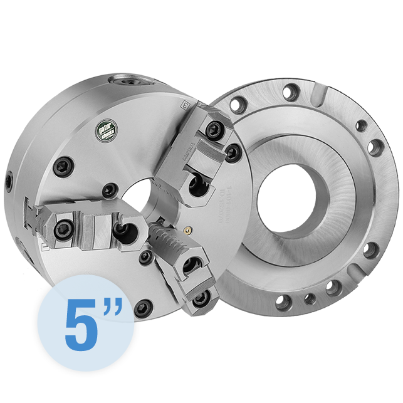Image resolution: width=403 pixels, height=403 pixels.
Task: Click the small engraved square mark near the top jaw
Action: click(184, 105)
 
